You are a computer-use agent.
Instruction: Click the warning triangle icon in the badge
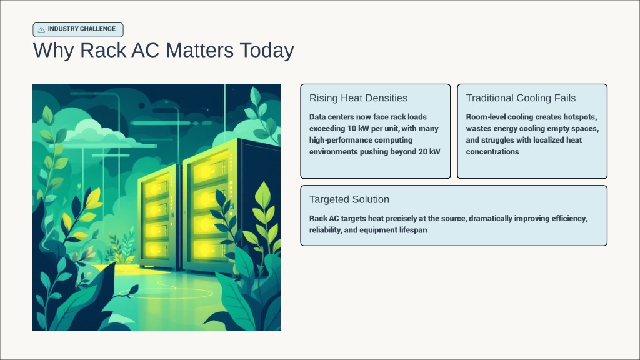41,30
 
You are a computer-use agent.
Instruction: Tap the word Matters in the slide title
199,50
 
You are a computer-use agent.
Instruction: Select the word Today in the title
267,51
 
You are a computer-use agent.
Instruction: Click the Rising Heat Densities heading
358,98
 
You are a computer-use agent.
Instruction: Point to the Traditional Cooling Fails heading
521,98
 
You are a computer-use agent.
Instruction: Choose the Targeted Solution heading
349,199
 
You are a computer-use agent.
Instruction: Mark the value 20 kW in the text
429,152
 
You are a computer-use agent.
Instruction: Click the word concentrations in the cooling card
492,152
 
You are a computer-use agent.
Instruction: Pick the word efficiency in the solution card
569,219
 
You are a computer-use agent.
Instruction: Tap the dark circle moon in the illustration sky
142,106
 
